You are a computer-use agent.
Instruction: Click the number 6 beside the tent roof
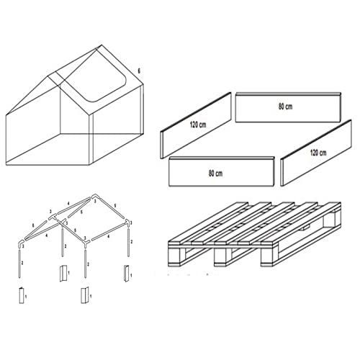(x=139, y=71)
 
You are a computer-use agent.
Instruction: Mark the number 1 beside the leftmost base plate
(x=26, y=295)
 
